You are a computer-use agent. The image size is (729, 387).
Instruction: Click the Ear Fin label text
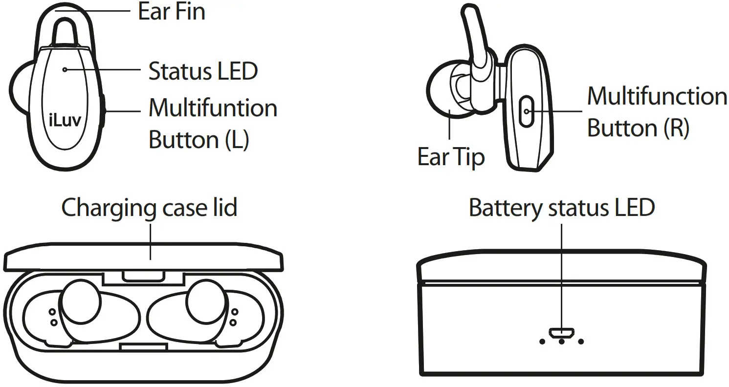pyautogui.click(x=172, y=12)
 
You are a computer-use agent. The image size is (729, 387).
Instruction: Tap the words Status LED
pyautogui.click(x=203, y=72)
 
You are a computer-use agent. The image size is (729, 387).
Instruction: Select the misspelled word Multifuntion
pyautogui.click(x=213, y=108)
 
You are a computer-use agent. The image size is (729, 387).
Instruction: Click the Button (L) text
pyautogui.click(x=199, y=140)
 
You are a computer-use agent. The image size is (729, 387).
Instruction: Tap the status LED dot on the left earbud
pyautogui.click(x=65, y=70)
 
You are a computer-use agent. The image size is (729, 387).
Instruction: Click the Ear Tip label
pyautogui.click(x=451, y=157)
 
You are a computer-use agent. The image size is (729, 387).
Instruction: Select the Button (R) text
pyautogui.click(x=638, y=128)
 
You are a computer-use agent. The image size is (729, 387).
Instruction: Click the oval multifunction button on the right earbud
pyautogui.click(x=526, y=111)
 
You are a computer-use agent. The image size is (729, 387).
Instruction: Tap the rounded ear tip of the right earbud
pyautogui.click(x=442, y=90)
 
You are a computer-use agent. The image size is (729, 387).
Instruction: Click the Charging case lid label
pyautogui.click(x=150, y=208)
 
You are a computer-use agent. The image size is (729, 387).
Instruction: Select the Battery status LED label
pyautogui.click(x=561, y=208)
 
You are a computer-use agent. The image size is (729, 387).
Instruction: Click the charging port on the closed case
pyautogui.click(x=561, y=332)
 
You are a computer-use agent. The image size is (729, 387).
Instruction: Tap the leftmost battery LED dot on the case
pyautogui.click(x=542, y=342)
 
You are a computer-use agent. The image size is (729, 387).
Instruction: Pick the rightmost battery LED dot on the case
pyautogui.click(x=581, y=342)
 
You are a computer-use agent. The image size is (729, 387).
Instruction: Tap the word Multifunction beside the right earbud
pyautogui.click(x=657, y=96)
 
